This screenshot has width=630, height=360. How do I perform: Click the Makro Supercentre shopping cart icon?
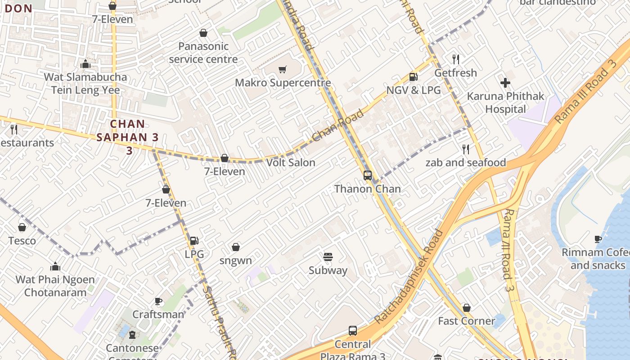[283, 69]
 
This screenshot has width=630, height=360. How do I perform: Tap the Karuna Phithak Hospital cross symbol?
[505, 83]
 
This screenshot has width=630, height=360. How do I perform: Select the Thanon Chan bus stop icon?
[368, 175]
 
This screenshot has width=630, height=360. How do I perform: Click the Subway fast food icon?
[328, 257]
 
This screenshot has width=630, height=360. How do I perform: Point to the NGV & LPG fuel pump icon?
[413, 77]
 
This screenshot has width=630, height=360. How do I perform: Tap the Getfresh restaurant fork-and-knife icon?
[455, 59]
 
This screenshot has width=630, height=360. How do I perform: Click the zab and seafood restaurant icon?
[466, 149]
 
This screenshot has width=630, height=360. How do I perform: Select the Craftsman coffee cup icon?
[158, 301]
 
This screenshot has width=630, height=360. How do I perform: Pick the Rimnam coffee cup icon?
[598, 239]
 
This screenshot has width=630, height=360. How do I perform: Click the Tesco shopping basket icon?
[22, 227]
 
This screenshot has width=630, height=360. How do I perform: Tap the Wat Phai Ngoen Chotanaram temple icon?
[55, 266]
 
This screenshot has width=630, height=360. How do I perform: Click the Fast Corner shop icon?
[467, 308]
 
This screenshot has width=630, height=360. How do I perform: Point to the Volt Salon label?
[291, 162]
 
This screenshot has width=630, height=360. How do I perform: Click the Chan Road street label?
[337, 126]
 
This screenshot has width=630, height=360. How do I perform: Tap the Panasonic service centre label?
[203, 53]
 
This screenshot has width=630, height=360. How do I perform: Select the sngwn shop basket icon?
[235, 247]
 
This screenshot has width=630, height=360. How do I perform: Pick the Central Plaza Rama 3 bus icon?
[353, 331]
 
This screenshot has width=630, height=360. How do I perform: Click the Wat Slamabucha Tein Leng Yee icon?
[85, 64]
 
